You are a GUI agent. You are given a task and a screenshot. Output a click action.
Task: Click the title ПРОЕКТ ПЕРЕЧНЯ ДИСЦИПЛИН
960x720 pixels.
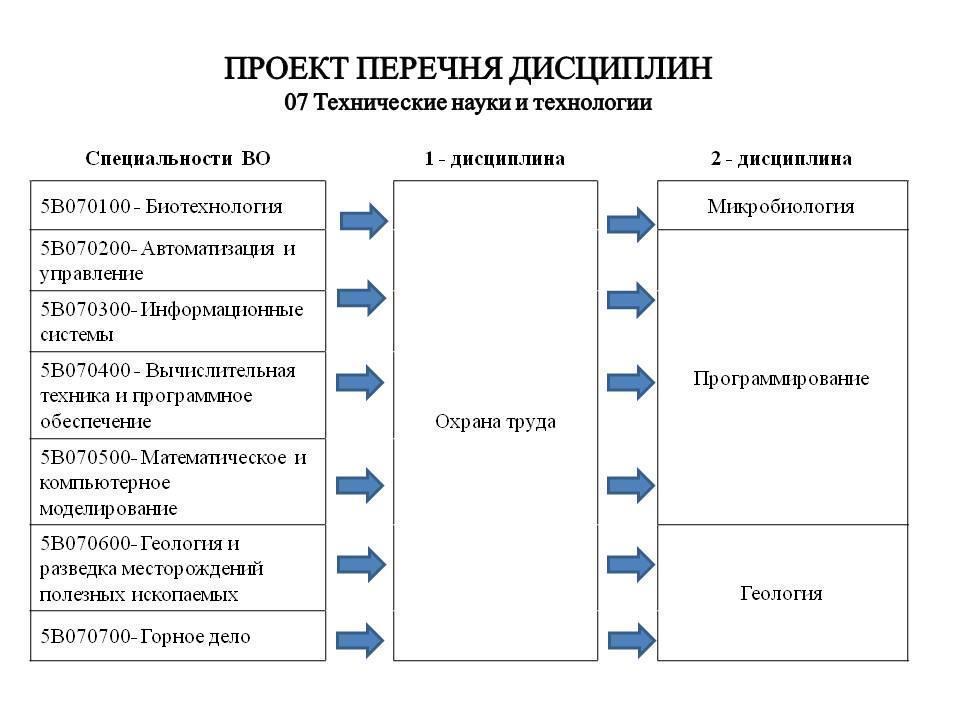(x=468, y=69)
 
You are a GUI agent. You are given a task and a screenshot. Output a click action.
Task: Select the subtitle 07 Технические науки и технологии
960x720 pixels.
(x=468, y=103)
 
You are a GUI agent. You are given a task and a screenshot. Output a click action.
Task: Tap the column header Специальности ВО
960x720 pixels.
(x=178, y=159)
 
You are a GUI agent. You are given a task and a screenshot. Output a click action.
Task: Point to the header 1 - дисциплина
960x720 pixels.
(x=494, y=159)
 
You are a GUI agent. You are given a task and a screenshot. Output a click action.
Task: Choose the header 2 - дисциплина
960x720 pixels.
(x=781, y=159)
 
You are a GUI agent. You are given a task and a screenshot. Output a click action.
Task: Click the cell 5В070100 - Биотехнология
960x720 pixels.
(x=178, y=207)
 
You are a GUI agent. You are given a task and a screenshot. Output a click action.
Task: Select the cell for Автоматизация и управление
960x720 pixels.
(x=178, y=261)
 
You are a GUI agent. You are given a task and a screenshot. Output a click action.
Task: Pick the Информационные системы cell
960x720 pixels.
(x=178, y=321)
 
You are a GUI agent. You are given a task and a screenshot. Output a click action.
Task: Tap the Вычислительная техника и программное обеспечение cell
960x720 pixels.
(x=178, y=395)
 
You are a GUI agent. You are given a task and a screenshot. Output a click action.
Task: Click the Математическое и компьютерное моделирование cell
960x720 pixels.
(x=178, y=482)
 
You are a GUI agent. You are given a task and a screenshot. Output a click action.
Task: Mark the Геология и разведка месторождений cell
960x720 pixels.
(x=178, y=568)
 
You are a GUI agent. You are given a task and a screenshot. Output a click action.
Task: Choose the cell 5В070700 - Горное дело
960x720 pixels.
(x=178, y=636)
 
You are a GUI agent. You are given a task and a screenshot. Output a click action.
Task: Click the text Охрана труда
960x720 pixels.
(x=495, y=422)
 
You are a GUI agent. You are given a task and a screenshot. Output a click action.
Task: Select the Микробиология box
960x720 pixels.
(x=781, y=207)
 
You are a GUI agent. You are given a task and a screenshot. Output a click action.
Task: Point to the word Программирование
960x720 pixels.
(x=781, y=379)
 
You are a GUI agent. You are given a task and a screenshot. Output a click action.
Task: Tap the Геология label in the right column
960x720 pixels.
(x=781, y=594)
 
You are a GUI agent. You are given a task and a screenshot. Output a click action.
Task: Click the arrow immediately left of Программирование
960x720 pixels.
(x=630, y=380)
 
